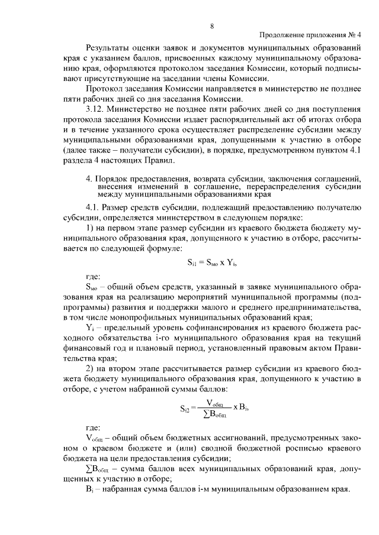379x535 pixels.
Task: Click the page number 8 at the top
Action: [211, 25]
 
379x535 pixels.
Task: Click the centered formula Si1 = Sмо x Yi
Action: [211, 263]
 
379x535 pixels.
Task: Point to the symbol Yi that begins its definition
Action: [89, 330]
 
